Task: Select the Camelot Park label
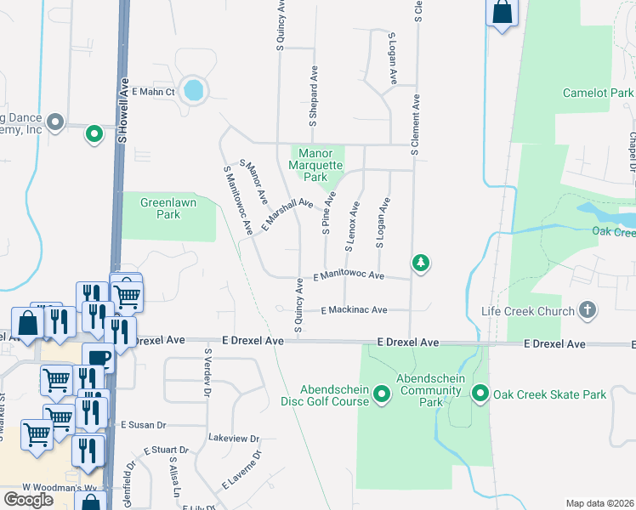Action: (599, 93)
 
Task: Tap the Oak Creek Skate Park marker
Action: (480, 394)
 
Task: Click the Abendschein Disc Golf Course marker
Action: (382, 394)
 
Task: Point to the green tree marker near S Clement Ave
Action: (420, 263)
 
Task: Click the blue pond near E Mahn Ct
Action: (194, 89)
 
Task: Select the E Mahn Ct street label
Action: (153, 92)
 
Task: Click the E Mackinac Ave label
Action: (355, 310)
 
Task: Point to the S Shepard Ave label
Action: (313, 97)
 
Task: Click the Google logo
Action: (28, 500)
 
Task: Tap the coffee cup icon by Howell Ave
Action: (98, 357)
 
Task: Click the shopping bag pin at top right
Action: (503, 13)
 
